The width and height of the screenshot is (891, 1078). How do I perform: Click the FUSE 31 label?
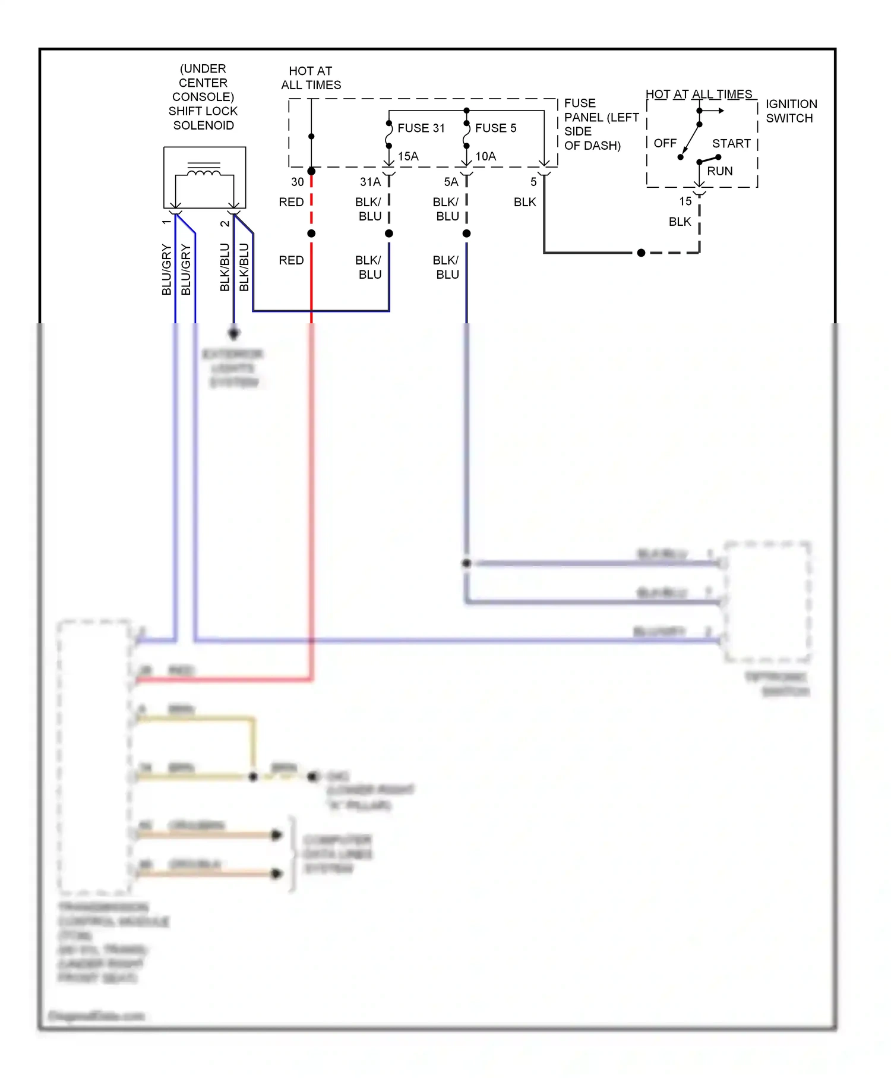pyautogui.click(x=421, y=128)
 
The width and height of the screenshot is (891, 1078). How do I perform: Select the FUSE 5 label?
pyautogui.click(x=495, y=128)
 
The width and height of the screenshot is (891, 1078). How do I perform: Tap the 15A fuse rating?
pyautogui.click(x=408, y=156)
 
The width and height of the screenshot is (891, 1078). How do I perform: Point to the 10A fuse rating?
pyautogui.click(x=485, y=156)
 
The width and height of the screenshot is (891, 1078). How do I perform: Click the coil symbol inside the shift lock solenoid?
pyautogui.click(x=204, y=172)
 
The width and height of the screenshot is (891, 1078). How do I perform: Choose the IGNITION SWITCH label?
pyautogui.click(x=791, y=111)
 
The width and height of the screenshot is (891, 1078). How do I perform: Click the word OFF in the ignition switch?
pyautogui.click(x=665, y=143)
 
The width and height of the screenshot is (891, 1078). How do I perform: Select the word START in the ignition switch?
pyautogui.click(x=731, y=143)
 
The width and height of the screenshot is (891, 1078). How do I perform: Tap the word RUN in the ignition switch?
pyautogui.click(x=719, y=171)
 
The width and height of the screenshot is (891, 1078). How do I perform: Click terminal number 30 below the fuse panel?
pyautogui.click(x=298, y=182)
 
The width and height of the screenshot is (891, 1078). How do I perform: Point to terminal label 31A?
pyautogui.click(x=370, y=182)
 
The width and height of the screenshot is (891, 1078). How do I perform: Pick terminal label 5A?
pyautogui.click(x=451, y=182)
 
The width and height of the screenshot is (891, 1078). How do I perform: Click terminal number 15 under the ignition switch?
pyautogui.click(x=685, y=201)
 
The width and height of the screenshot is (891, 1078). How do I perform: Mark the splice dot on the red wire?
pyautogui.click(x=311, y=234)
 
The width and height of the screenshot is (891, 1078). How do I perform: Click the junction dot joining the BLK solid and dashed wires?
pyautogui.click(x=641, y=253)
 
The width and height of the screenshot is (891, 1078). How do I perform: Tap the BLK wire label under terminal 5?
pyautogui.click(x=525, y=202)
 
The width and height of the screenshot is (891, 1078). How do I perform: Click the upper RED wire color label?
pyautogui.click(x=291, y=202)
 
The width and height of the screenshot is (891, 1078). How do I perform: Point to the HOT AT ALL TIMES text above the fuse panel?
pyautogui.click(x=311, y=78)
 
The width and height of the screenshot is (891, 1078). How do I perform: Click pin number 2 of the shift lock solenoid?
pyautogui.click(x=225, y=223)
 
